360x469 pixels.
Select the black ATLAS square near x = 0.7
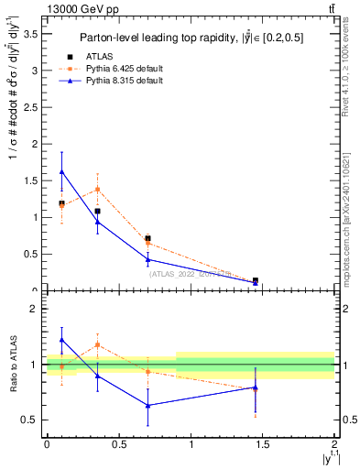coord(147,238)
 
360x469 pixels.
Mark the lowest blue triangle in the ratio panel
coord(147,405)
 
